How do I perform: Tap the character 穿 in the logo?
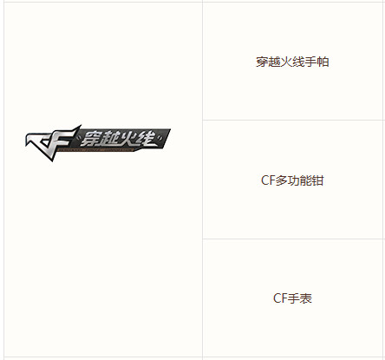pos(90,139)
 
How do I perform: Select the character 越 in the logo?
pos(109,139)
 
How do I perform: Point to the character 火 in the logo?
pos(127,138)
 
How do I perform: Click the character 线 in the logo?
pos(146,138)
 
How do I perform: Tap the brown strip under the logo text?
pos(96,150)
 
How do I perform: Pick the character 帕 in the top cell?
pos(323,62)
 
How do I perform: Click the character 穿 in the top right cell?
pos(262,62)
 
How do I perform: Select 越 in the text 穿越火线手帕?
pos(274,62)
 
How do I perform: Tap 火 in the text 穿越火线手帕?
pos(286,62)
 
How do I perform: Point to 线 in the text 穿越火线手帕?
pos(298,62)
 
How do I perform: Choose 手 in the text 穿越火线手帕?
pos(310,62)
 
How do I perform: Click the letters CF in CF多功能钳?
pos(268,180)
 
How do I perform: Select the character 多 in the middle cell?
pos(281,180)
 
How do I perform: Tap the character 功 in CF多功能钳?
pos(293,180)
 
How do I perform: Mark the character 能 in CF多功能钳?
pos(305,180)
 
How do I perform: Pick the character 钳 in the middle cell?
pos(317,180)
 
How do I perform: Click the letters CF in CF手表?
pos(280,298)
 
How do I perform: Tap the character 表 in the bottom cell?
pos(305,298)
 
